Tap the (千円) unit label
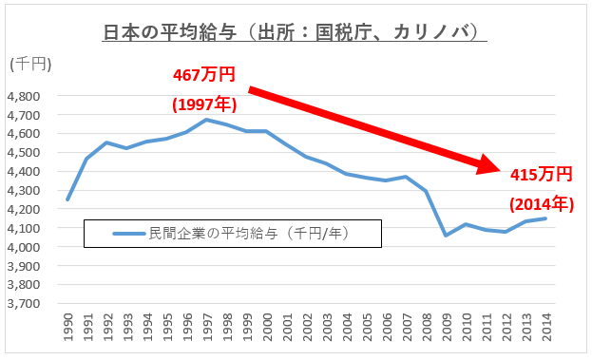click(30, 64)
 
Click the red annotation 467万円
click(203, 73)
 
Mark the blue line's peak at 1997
click(207, 120)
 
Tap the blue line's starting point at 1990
click(68, 199)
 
